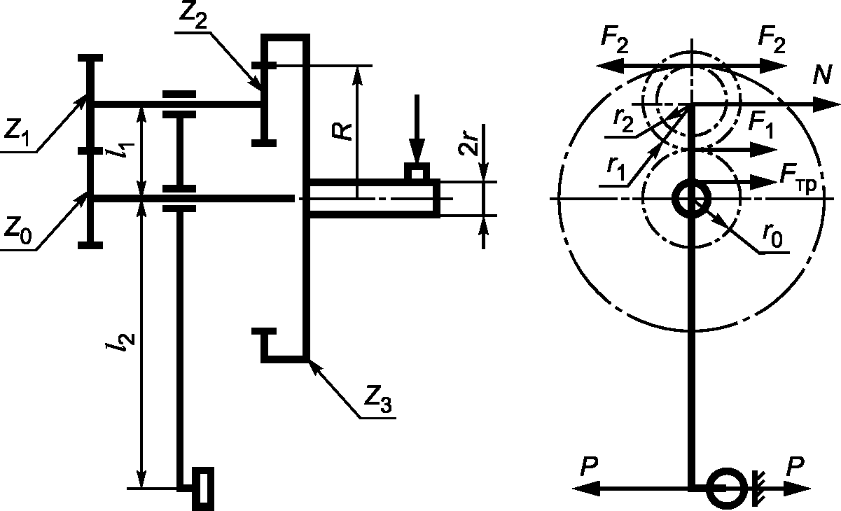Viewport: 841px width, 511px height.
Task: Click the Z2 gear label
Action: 193,16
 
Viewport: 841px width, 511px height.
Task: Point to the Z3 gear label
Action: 377,400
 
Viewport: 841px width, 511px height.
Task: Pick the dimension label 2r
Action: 468,144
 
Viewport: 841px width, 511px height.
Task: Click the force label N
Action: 822,76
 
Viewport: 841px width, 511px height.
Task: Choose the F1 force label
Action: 760,125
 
